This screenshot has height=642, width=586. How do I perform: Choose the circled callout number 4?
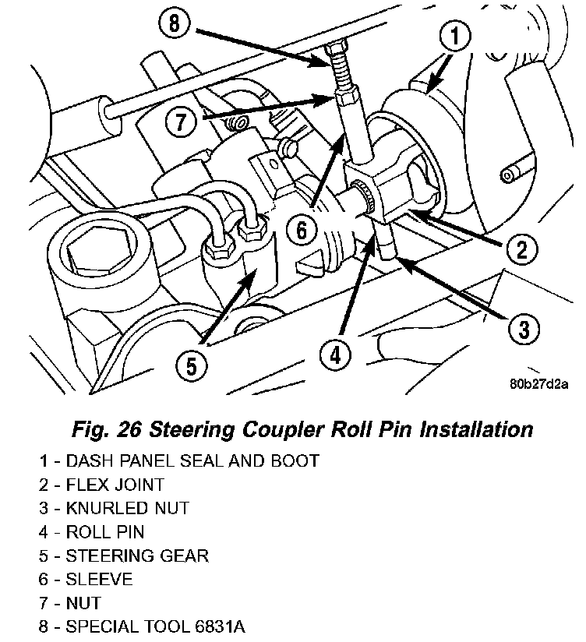coord(334,355)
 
